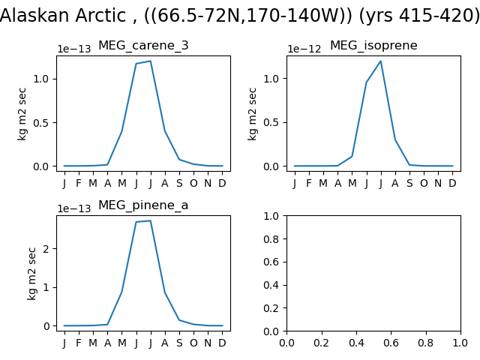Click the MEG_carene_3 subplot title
(143, 46)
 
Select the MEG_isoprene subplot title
(373, 46)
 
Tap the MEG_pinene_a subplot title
(143, 205)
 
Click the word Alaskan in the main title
(36, 15)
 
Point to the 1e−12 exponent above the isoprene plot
(304, 49)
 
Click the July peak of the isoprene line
(380, 61)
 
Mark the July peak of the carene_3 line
(150, 61)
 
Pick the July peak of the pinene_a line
(150, 220)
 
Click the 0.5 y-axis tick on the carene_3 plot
(41, 123)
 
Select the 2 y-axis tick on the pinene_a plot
(46, 248)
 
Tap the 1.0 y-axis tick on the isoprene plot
(271, 79)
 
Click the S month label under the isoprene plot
(409, 183)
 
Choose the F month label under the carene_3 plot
(79, 183)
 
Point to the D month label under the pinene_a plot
(222, 343)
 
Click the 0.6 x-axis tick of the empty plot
(391, 343)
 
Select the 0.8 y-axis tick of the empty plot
(271, 239)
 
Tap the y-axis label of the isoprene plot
(252, 114)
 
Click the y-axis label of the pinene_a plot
(31, 274)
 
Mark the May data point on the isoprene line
(352, 157)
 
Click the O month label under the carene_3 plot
(193, 183)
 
